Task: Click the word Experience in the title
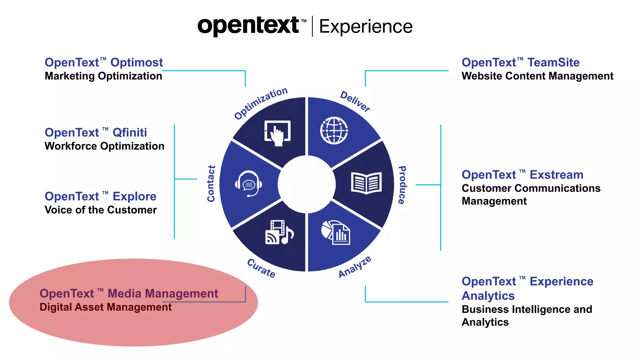tap(366, 27)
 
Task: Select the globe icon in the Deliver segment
tap(334, 130)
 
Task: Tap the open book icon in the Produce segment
tap(366, 183)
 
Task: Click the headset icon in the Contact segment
tap(248, 184)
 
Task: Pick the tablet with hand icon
tap(277, 133)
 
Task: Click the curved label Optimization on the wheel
tap(261, 103)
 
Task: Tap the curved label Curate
tap(261, 268)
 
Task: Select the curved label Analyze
tap(355, 267)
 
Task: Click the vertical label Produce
tap(402, 185)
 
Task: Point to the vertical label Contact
tap(211, 184)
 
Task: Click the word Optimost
tap(137, 62)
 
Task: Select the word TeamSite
tap(553, 62)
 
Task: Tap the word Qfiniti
tap(130, 132)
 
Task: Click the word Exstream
tap(557, 175)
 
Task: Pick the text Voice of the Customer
tap(101, 210)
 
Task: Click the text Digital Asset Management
tap(106, 307)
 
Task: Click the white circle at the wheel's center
tap(307, 184)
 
